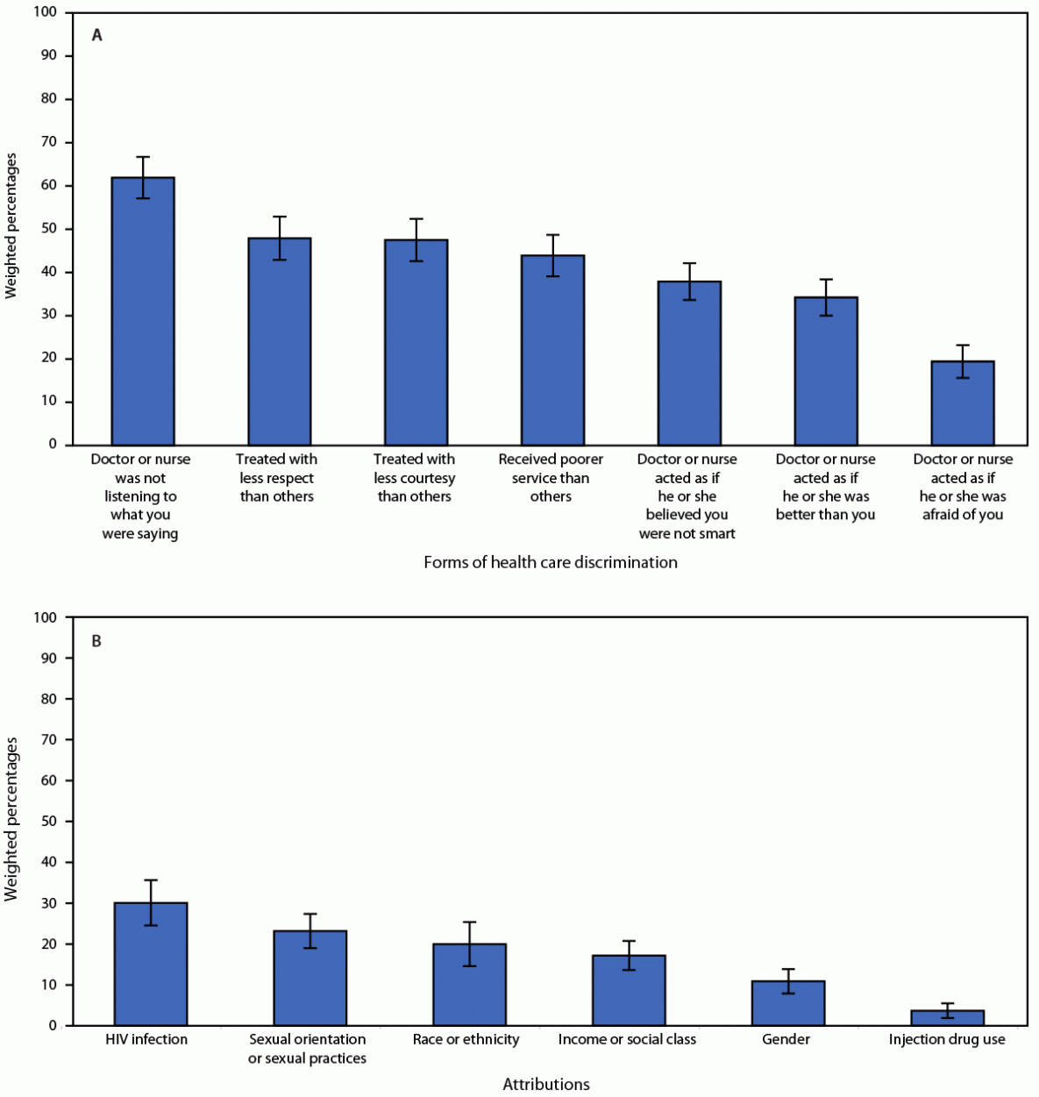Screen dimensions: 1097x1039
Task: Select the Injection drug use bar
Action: (x=947, y=1018)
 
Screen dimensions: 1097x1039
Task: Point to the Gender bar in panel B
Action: (x=787, y=1004)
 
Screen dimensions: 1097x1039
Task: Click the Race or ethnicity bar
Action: (x=469, y=987)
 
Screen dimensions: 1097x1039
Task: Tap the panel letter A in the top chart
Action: (x=97, y=36)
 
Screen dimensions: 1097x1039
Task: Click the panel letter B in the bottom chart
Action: (x=96, y=641)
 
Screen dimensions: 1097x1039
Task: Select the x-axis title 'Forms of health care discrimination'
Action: (x=550, y=562)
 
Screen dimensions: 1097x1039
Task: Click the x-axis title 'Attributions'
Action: (x=545, y=1085)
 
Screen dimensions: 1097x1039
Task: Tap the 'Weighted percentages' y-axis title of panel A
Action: (x=11, y=226)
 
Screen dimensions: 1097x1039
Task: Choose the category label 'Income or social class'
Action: (x=627, y=1039)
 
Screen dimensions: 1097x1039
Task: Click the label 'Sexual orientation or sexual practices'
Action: (x=307, y=1049)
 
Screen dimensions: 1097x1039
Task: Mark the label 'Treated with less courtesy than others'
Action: (x=414, y=478)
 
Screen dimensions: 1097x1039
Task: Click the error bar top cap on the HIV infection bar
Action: (x=150, y=880)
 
